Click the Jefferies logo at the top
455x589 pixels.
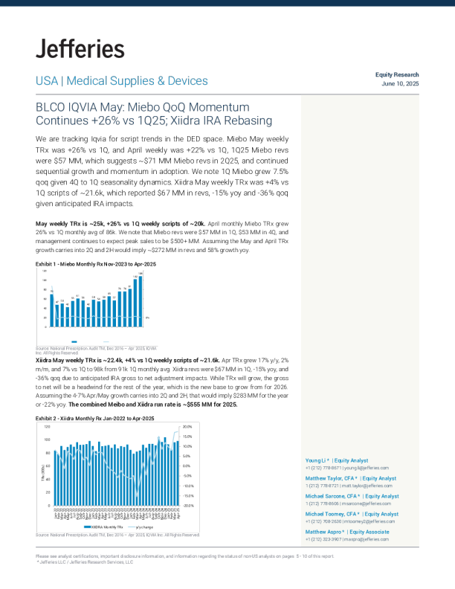point(80,49)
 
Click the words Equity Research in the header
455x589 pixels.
point(397,75)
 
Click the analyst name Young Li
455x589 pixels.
point(316,461)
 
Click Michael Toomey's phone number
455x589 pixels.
point(323,521)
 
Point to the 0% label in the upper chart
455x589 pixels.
point(147,318)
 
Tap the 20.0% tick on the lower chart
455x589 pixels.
point(187,427)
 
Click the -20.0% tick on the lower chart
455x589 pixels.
point(187,505)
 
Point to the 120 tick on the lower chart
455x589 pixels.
point(47,427)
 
